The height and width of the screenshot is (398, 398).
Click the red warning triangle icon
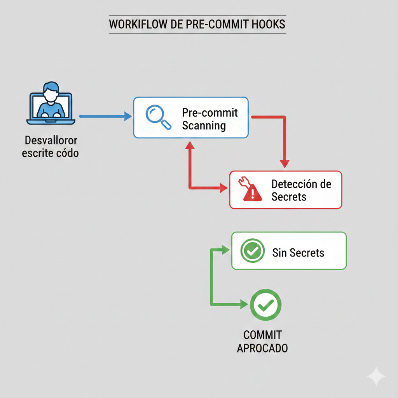click(x=253, y=191)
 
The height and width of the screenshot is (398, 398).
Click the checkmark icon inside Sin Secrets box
click(x=253, y=251)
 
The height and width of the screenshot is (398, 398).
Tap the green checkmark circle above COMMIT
click(x=265, y=305)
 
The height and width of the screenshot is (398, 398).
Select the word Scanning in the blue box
click(x=204, y=126)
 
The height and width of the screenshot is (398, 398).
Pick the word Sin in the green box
click(x=279, y=253)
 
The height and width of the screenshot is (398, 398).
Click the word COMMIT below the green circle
click(x=262, y=335)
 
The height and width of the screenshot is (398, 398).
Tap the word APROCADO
click(x=262, y=348)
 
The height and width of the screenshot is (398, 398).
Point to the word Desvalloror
click(x=51, y=140)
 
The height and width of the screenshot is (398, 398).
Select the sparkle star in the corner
click(x=376, y=376)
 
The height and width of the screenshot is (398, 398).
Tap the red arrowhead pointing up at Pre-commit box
click(x=190, y=145)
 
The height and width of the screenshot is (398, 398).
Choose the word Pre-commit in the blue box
click(x=210, y=113)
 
